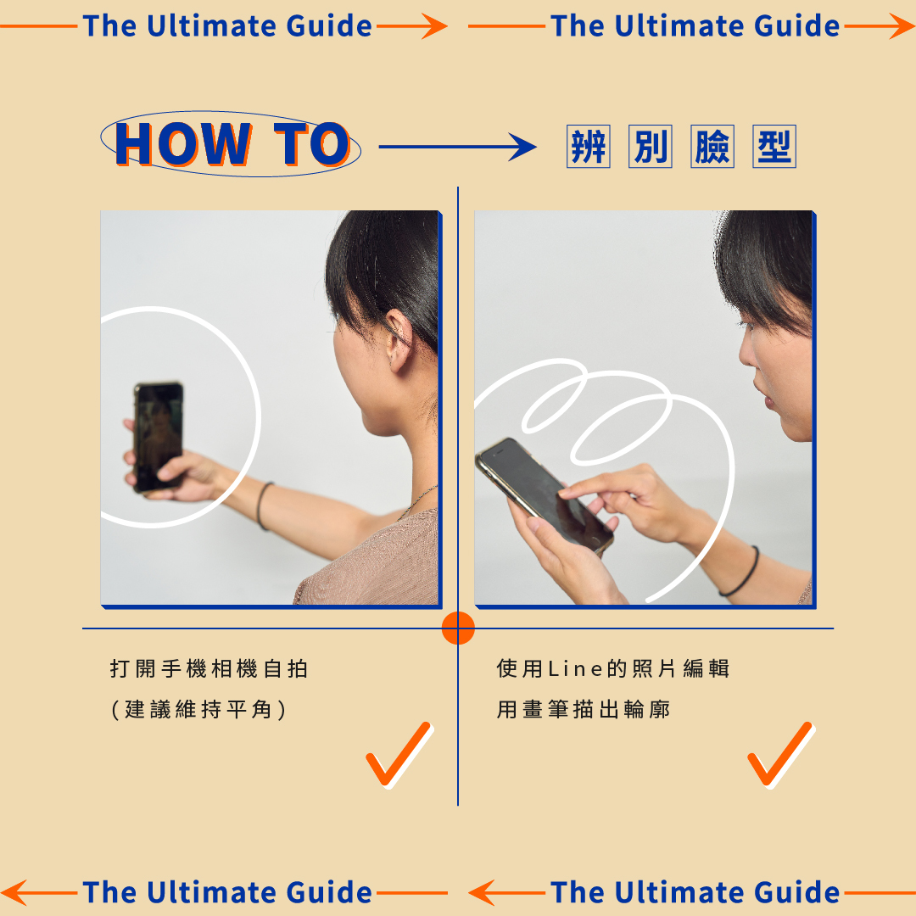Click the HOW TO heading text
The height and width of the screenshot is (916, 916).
232,145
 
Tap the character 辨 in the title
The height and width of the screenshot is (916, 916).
588,148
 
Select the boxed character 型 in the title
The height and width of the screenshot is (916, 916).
774,148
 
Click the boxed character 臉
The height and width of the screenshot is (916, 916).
712,148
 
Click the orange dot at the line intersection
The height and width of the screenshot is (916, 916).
458,628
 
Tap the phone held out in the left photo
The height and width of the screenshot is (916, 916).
159,436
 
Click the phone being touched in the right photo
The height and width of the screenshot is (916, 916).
543,494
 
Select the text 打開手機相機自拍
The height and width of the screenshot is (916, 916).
209,669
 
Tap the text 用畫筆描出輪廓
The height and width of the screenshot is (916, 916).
584,709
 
